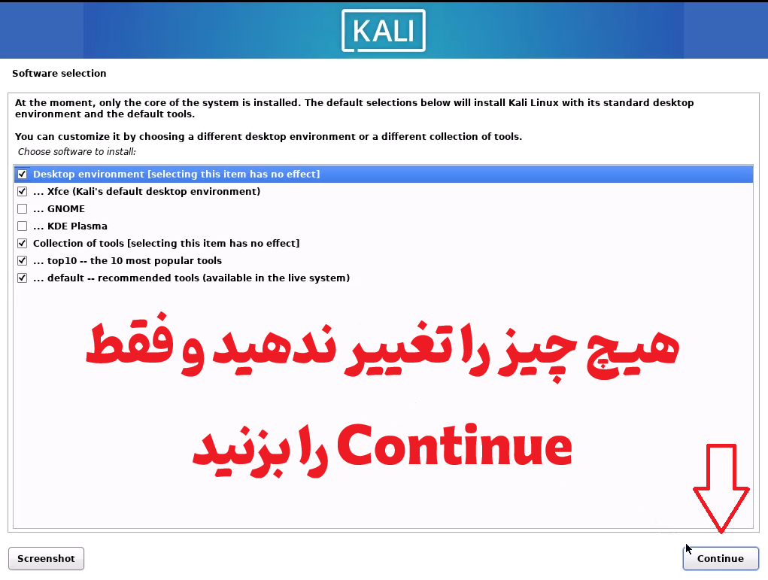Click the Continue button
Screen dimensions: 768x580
tap(721, 558)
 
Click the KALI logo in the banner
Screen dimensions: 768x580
tap(384, 30)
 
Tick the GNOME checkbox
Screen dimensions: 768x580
tap(22, 208)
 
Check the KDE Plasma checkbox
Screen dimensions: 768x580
tap(22, 226)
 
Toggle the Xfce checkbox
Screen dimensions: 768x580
tap(22, 192)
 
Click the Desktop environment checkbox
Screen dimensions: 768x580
tap(22, 174)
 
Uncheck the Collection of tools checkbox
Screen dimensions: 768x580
tap(22, 244)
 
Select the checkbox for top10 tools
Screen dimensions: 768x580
tap(22, 260)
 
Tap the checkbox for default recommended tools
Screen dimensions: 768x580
tap(22, 278)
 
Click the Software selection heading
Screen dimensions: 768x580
tap(59, 74)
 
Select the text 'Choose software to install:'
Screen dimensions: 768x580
tap(77, 152)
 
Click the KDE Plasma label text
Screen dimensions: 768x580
tap(77, 226)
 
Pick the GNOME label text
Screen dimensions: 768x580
tap(66, 209)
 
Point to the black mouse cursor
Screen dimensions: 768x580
tap(689, 549)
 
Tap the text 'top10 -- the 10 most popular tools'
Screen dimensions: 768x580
tap(134, 261)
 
